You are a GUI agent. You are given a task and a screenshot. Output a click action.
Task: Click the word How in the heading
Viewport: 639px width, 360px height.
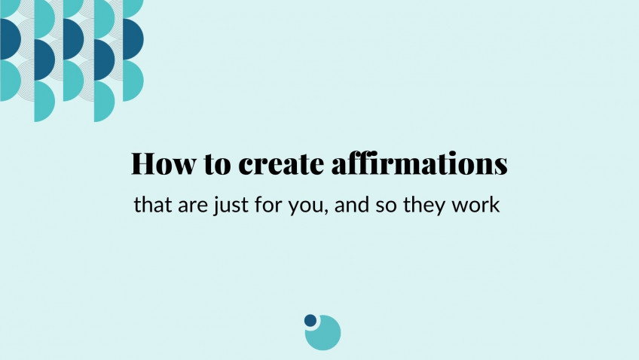[x=163, y=163]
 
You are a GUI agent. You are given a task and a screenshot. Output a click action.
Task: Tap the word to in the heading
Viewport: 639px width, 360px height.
[x=217, y=164]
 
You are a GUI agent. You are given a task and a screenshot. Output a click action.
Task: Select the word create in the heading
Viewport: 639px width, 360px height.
[x=281, y=164]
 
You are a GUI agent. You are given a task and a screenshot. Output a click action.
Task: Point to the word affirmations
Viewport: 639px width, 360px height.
[x=419, y=163]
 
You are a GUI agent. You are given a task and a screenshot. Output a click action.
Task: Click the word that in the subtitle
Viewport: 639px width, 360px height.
[x=153, y=204]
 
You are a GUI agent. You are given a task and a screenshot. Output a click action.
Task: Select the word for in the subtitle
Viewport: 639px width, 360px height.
[x=268, y=204]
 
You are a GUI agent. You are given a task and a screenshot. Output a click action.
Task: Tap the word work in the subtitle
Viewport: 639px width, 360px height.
[x=475, y=204]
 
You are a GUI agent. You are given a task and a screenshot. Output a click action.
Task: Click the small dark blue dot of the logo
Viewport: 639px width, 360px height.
[x=310, y=320]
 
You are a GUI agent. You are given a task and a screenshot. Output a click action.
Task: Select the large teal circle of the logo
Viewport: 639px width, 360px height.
[x=324, y=333]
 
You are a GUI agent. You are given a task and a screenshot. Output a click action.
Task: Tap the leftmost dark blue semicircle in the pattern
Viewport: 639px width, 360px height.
[x=9, y=39]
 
